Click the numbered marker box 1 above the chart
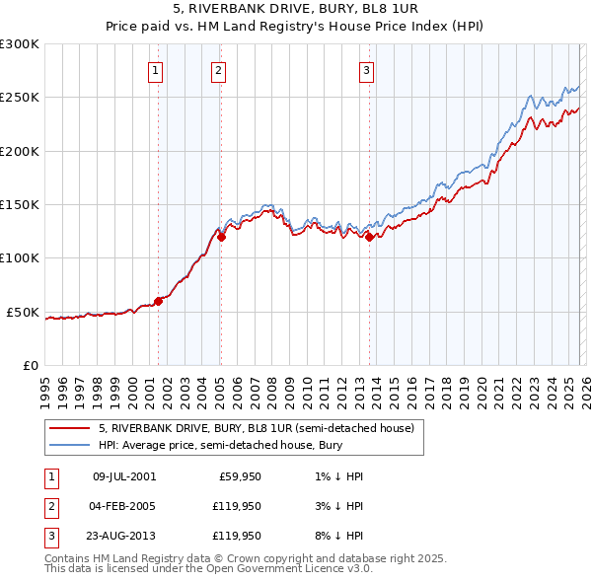click(x=157, y=70)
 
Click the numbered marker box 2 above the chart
click(x=218, y=70)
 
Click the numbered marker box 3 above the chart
click(x=366, y=70)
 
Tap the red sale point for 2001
click(x=158, y=302)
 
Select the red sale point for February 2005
click(x=221, y=237)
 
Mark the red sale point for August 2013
click(x=369, y=237)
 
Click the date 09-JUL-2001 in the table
click(x=123, y=476)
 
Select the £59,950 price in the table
click(x=240, y=476)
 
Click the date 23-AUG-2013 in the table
click(x=123, y=536)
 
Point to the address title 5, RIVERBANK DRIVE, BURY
click(x=295, y=8)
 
